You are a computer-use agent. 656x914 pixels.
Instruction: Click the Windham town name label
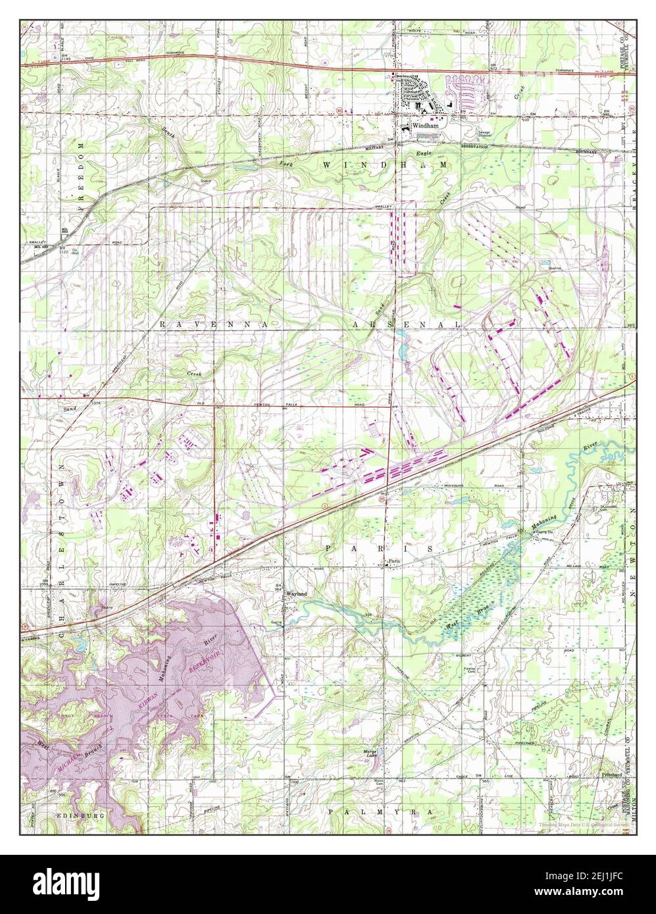coord(425,127)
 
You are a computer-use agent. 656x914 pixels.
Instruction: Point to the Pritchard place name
coord(611,775)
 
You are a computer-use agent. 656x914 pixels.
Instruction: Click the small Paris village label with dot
coord(393,562)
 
